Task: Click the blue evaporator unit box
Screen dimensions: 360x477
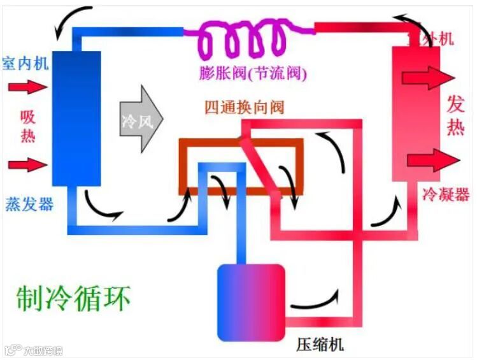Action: [x=76, y=118]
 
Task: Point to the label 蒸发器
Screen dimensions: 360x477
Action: [x=29, y=204]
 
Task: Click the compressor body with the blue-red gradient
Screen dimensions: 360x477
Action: [x=251, y=302]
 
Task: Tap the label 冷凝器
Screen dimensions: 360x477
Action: [x=445, y=194]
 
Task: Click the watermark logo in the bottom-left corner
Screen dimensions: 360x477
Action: [x=11, y=350]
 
